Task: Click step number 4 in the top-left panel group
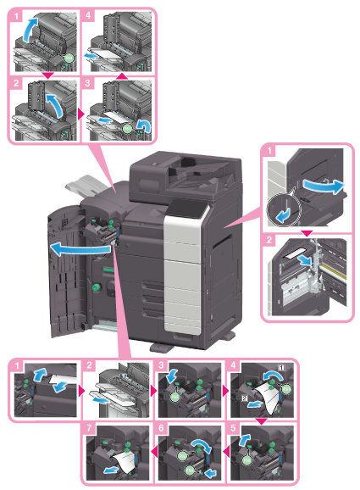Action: coord(88,15)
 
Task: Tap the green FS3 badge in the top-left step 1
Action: coord(69,58)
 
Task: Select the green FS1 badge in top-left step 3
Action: coord(128,128)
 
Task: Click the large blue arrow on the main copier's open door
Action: coord(80,249)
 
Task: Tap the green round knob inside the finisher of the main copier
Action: coord(96,287)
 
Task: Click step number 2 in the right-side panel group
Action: coord(269,240)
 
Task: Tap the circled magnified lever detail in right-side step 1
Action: coord(284,210)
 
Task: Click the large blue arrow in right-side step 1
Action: coord(324,187)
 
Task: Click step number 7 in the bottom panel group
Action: coord(89,427)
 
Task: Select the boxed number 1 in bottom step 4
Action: coord(281,368)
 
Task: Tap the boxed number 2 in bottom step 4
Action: coord(245,398)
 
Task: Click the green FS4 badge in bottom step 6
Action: coord(190,470)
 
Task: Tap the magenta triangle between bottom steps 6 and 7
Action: coord(154,451)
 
